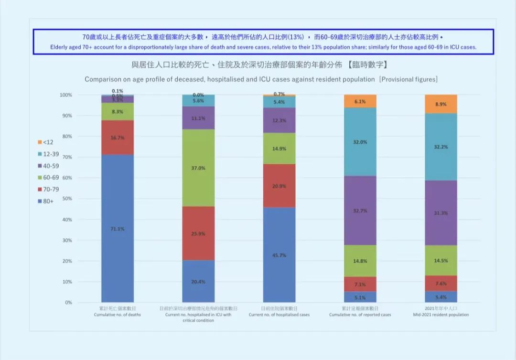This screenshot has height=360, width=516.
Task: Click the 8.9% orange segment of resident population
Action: pos(441,104)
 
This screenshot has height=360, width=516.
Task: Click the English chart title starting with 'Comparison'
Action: pos(261,79)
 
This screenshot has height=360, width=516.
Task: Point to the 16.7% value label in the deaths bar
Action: pos(118,138)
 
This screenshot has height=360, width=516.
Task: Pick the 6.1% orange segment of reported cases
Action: pos(360,101)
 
